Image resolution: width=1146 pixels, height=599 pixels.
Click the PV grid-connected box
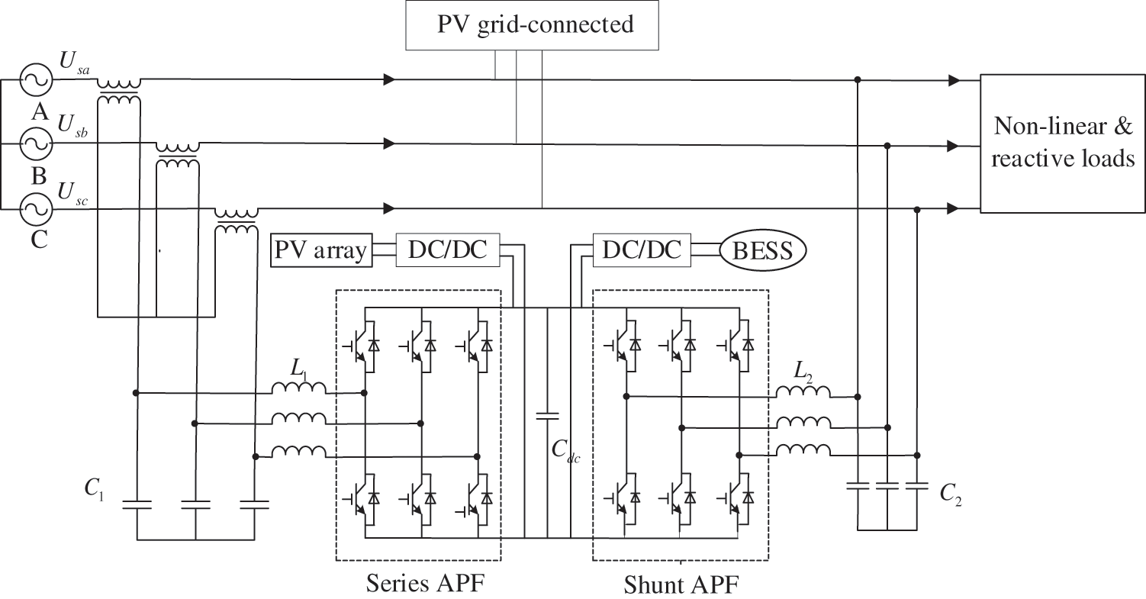(535, 24)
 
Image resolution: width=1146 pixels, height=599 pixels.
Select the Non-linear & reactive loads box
(1062, 143)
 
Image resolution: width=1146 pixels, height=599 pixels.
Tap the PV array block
(321, 251)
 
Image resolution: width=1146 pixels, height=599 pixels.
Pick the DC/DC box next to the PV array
(447, 250)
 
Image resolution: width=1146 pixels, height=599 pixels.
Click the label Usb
(72, 127)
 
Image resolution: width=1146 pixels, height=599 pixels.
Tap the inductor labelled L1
(299, 390)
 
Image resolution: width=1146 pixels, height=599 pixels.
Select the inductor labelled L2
(803, 392)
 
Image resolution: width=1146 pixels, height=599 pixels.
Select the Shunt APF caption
(681, 585)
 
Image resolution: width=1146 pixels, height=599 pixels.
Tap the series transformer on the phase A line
(119, 89)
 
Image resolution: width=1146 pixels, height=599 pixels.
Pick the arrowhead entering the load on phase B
(954, 145)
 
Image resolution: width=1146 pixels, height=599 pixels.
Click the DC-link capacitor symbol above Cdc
(547, 416)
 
